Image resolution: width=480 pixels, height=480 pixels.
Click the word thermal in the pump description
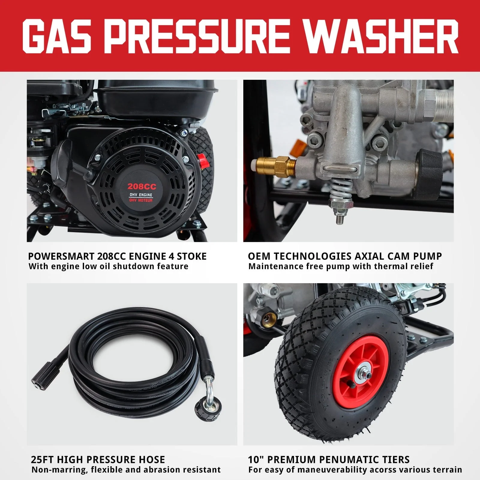click(390, 266)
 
